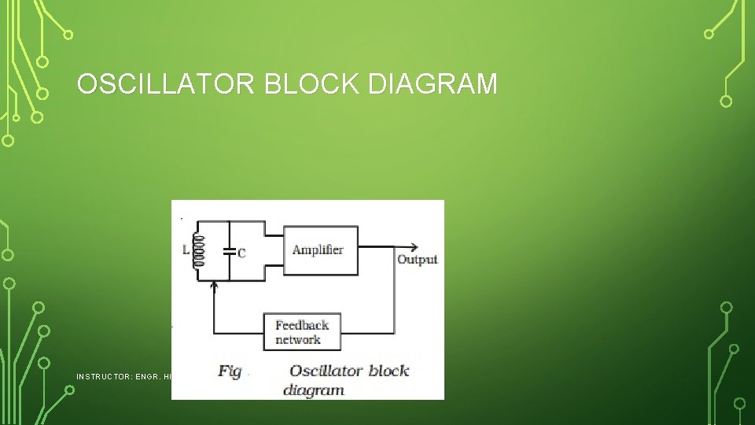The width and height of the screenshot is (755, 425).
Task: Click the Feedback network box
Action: [x=302, y=332]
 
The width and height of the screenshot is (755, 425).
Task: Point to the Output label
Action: [x=417, y=260]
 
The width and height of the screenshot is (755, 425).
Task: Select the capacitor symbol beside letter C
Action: [x=229, y=252]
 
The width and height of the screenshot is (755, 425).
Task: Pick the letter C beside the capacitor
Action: [x=241, y=253]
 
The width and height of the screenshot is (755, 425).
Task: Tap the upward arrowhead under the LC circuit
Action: [x=215, y=287]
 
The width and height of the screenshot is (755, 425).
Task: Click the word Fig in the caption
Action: [x=230, y=371]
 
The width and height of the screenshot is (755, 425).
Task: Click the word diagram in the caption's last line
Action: [x=314, y=390]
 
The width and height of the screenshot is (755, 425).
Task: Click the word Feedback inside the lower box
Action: [x=302, y=325]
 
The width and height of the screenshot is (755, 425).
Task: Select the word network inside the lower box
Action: [x=298, y=340]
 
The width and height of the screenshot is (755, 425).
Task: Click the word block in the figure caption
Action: [x=389, y=371]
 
